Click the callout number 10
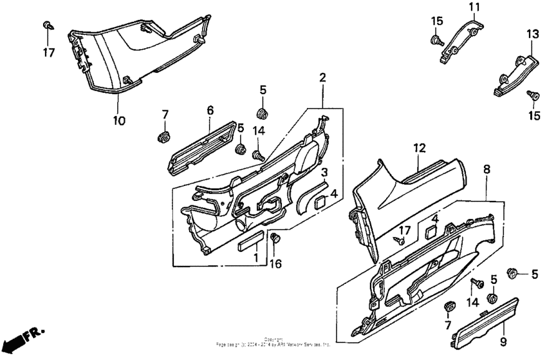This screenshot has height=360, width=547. [120, 120]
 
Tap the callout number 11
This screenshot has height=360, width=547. [474, 8]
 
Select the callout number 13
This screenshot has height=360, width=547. [533, 33]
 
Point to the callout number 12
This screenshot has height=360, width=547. [420, 148]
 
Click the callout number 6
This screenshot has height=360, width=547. [210, 111]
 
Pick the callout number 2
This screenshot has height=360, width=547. [322, 78]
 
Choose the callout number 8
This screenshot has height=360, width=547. [487, 169]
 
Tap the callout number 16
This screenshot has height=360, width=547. [276, 263]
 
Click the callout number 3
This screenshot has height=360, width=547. [325, 173]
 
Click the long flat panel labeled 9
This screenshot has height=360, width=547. [479, 316]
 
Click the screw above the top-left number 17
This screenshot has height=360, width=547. [48, 25]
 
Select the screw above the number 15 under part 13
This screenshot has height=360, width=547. [532, 95]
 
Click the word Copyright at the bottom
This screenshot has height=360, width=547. [273, 339]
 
